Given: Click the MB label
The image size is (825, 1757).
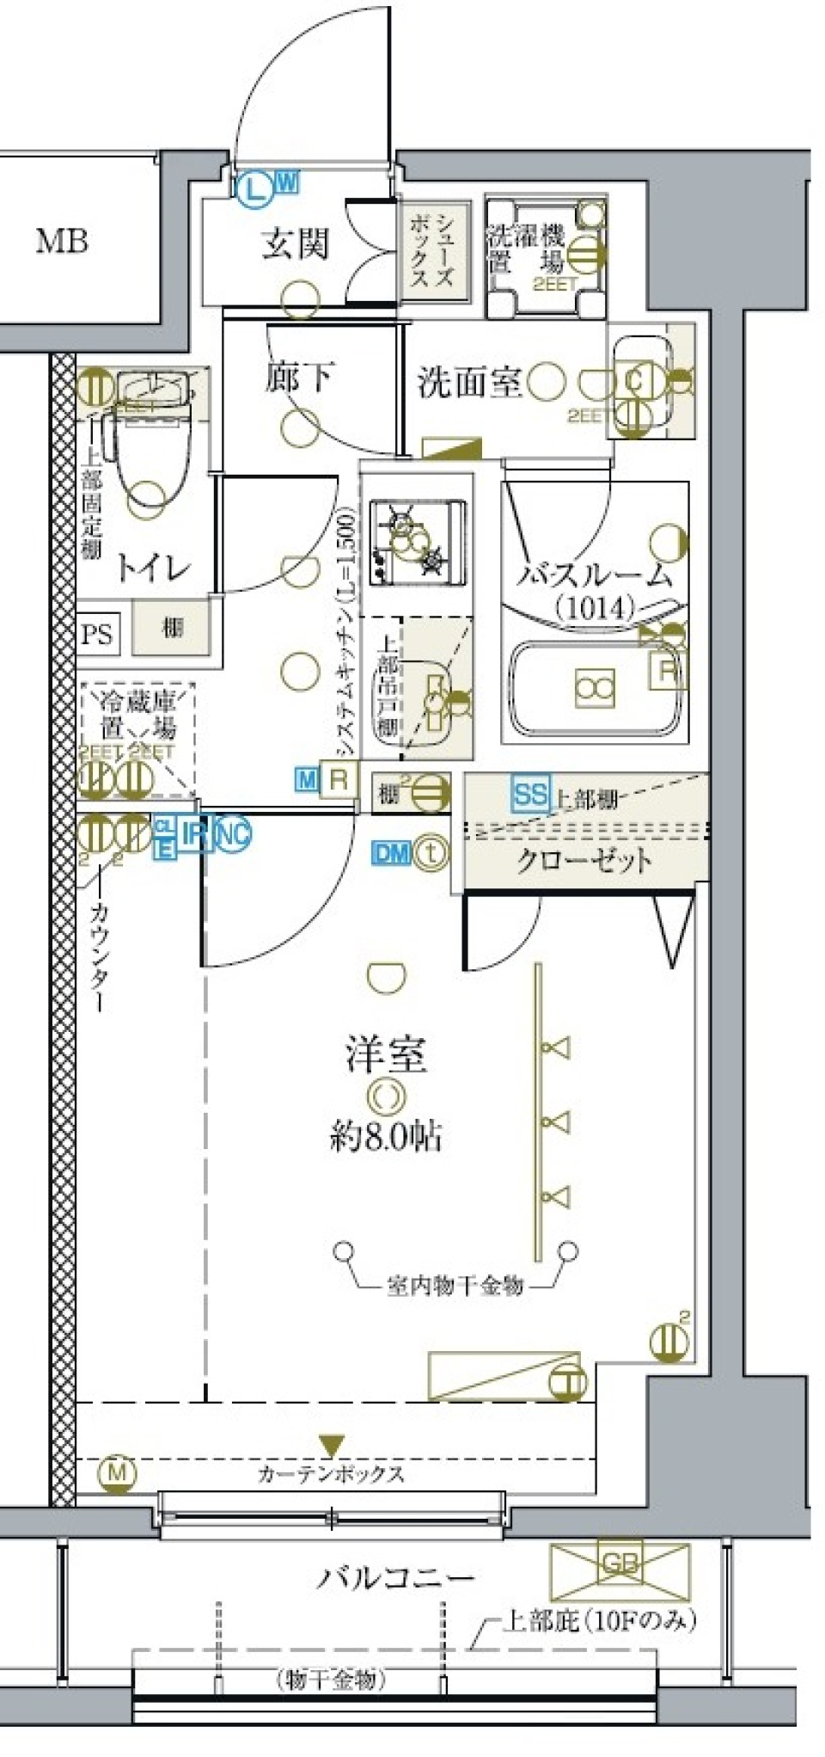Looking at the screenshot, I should (62, 242).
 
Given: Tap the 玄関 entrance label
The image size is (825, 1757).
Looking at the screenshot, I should (295, 243).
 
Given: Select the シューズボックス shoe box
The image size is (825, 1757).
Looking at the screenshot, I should (437, 251).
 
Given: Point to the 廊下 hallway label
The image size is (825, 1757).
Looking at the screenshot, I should (298, 377).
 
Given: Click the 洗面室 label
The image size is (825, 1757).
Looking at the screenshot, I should (469, 382).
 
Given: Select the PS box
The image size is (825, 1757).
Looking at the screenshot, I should (97, 634).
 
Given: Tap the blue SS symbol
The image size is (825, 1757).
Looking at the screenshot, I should (529, 794).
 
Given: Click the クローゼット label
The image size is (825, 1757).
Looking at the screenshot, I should (584, 860).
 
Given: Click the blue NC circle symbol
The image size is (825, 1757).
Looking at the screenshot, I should (233, 832).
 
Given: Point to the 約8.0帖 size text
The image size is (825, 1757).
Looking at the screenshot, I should (386, 1137).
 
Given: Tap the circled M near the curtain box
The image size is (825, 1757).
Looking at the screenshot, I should (117, 1473).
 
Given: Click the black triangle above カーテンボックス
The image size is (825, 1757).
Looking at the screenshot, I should (331, 1445).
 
